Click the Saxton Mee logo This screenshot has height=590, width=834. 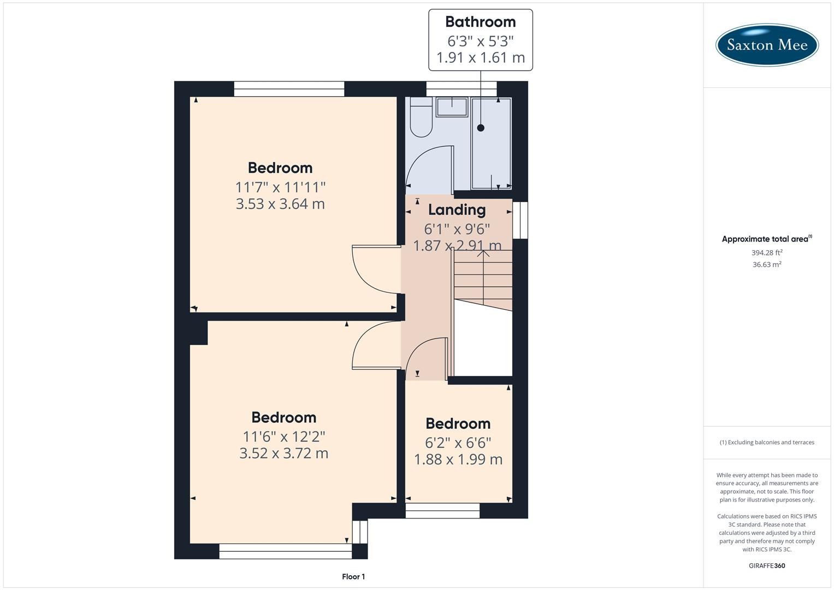(767, 45)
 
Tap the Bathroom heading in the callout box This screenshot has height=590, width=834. (480, 22)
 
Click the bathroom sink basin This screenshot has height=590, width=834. (452, 107)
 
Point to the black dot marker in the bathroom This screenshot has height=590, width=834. (481, 128)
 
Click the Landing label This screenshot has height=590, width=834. (457, 210)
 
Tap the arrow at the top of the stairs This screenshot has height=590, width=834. (483, 253)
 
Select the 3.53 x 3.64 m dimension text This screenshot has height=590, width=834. (280, 204)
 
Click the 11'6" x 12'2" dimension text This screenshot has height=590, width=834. (284, 436)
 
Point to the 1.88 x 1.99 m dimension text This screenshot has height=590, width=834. (458, 459)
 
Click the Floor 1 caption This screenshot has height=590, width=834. (353, 576)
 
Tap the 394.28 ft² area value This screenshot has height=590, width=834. (767, 252)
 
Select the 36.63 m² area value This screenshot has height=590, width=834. (767, 264)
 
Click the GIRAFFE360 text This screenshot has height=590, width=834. (767, 565)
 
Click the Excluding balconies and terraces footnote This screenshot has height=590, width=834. (767, 442)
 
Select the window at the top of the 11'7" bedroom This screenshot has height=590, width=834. (289, 88)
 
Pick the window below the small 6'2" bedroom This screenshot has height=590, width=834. (442, 510)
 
